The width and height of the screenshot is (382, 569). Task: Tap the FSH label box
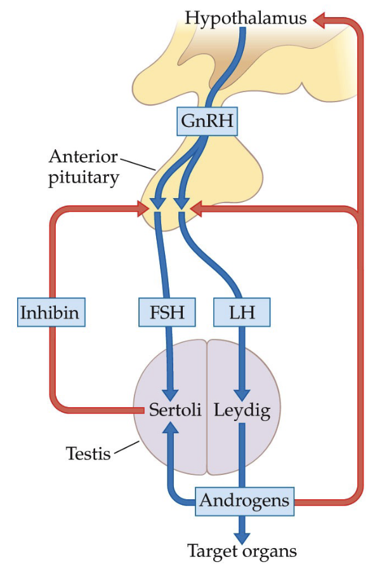pos(166,312)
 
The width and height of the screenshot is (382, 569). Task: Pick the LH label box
pos(241,312)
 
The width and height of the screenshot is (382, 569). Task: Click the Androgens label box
pos(244,500)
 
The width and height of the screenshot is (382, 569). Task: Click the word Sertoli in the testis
pos(175,410)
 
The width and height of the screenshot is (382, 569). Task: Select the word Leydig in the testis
pos(242,410)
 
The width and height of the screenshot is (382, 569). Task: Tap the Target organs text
pos(242,550)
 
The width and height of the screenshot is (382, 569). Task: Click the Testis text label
pos(88,453)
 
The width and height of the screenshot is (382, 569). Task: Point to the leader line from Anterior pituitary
pos(141,163)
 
